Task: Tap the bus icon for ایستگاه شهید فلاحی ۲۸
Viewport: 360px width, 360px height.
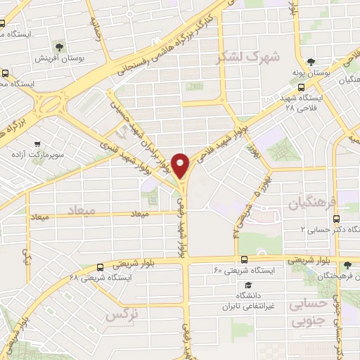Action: click(302, 88)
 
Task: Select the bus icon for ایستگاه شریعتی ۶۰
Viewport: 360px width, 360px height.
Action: click(243, 259)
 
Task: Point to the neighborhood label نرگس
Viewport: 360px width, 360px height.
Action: click(120, 315)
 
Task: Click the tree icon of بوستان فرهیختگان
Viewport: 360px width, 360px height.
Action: click(347, 265)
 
